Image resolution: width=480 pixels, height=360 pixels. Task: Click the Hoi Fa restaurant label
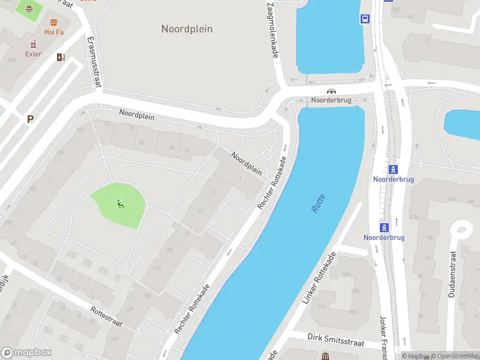coord(54,32)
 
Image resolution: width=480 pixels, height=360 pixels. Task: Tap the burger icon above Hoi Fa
coord(54,21)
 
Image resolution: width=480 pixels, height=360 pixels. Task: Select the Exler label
coord(33,54)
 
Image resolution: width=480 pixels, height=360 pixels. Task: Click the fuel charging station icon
coord(60,58)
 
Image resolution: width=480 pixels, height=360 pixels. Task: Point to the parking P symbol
coord(30,119)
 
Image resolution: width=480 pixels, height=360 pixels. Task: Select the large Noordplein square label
coord(187,29)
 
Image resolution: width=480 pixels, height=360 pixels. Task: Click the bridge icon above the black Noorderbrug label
coord(331,91)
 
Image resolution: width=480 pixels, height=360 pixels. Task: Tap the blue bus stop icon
coord(364,19)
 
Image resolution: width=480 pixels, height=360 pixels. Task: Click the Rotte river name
coord(318,203)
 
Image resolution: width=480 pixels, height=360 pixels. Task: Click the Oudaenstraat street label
coord(451,274)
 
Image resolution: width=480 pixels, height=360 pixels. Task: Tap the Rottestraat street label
coord(106,317)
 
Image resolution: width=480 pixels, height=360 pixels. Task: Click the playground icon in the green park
coord(121,203)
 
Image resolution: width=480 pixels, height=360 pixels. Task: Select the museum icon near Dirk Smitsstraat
coord(325,356)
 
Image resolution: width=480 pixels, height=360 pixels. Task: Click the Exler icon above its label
coord(33,44)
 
